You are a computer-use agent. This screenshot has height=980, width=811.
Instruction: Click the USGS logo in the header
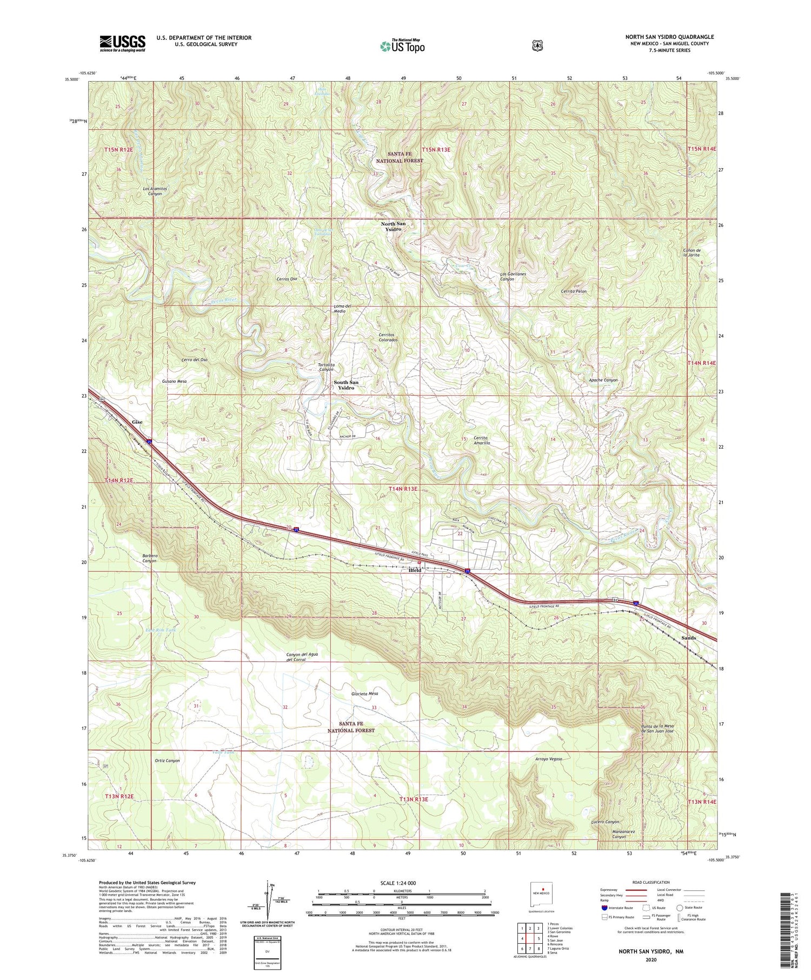122,43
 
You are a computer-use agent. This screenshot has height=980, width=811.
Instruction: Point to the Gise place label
137,421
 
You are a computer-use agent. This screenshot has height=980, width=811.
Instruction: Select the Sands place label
688,638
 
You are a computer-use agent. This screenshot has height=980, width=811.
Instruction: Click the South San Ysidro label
345,385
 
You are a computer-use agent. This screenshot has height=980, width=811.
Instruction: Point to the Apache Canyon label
603,380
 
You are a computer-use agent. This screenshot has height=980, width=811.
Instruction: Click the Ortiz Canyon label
167,761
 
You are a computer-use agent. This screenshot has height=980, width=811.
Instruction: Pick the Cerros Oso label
287,279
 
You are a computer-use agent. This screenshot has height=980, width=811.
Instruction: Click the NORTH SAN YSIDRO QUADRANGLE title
669,37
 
